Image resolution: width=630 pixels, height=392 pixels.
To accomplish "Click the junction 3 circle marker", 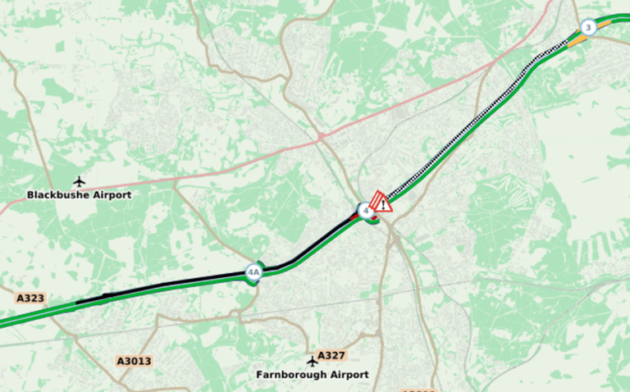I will tap(587, 28).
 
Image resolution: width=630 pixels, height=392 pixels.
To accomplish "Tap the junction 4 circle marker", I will tap(365, 210).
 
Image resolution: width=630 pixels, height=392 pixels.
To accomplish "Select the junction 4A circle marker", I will tap(253, 272).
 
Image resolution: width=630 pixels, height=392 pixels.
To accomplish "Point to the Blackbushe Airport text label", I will tap(79, 195).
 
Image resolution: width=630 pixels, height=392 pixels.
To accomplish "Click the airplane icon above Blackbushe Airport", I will tap(79, 180).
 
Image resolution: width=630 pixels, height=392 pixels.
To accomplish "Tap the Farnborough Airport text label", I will tap(312, 375).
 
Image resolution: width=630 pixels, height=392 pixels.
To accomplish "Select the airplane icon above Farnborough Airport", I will tap(312, 360).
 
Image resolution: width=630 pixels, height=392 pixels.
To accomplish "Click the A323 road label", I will tap(30, 299).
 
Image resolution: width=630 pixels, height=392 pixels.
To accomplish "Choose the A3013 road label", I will tap(134, 361).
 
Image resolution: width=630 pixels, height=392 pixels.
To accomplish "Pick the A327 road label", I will tap(331, 355).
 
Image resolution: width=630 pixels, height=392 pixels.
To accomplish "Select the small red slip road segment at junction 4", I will tap(358, 217).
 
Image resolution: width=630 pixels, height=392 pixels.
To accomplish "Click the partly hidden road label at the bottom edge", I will tap(418, 389).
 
